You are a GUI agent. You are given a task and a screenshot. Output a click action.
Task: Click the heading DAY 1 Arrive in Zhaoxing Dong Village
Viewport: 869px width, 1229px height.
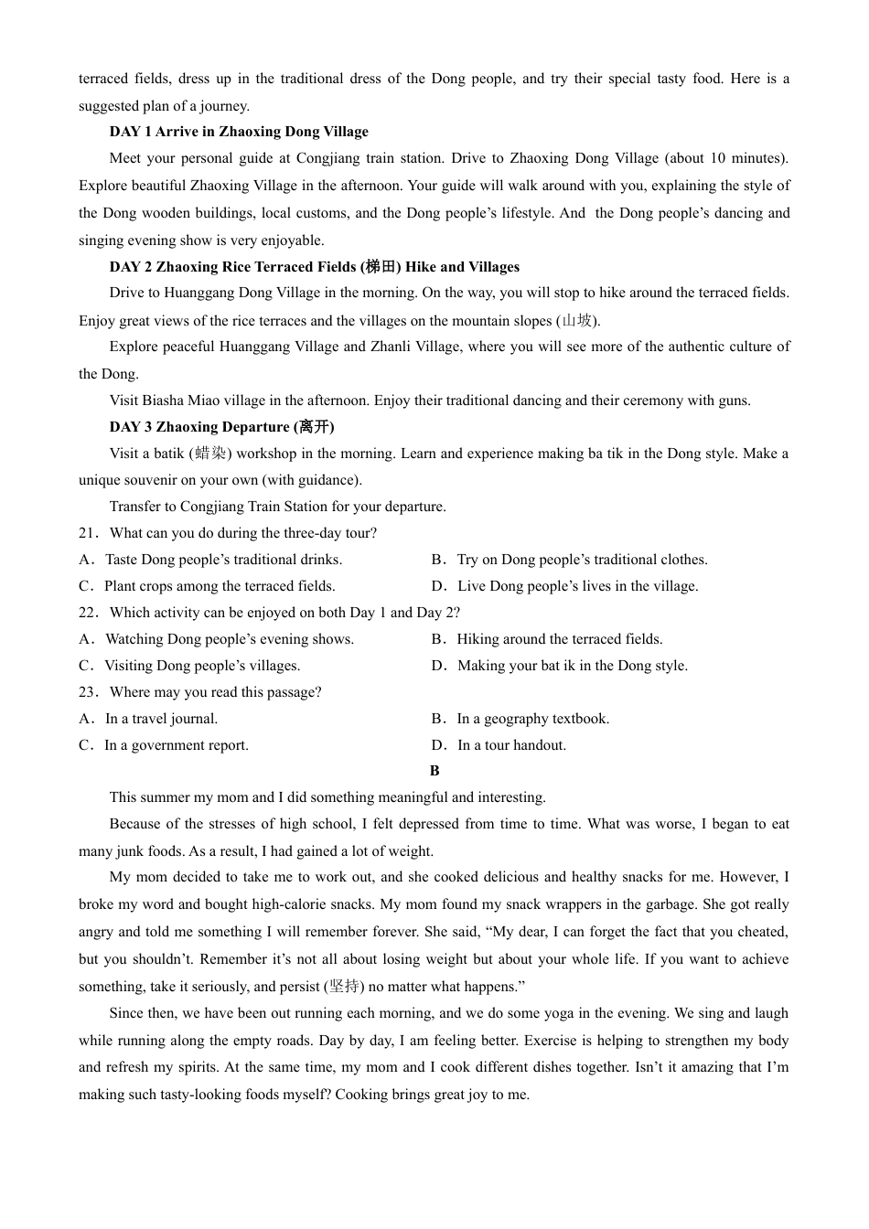pos(239,132)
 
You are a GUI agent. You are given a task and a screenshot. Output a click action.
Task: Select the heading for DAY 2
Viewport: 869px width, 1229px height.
pos(314,267)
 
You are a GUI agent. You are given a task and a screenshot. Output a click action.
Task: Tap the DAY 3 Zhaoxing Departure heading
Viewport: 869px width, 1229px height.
pos(221,427)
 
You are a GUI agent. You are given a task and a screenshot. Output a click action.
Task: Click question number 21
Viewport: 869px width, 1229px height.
pos(88,533)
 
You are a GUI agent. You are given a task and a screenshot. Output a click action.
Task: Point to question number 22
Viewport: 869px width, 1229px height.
pos(88,613)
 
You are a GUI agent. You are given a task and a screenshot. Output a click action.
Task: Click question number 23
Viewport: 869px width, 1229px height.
pos(88,692)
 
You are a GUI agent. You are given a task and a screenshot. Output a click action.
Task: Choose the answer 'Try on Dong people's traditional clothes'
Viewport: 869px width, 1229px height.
pos(582,560)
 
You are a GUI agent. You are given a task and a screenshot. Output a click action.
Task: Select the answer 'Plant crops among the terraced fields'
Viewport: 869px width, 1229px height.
pos(220,586)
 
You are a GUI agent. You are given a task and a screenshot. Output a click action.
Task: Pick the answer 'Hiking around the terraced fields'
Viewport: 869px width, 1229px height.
pos(560,639)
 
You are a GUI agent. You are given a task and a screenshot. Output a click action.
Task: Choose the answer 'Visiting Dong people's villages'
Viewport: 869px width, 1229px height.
pos(202,666)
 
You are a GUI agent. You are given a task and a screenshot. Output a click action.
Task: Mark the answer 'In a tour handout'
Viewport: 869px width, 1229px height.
pos(511,745)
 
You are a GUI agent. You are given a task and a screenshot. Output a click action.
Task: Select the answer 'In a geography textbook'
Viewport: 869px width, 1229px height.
pos(533,719)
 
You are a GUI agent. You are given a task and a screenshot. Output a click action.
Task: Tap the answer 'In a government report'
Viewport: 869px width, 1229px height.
pos(177,745)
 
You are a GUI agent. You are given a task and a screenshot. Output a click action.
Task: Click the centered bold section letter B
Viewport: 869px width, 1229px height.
pos(434,771)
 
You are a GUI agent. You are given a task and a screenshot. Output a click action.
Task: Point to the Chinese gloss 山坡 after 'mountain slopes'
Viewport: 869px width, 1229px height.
pos(577,320)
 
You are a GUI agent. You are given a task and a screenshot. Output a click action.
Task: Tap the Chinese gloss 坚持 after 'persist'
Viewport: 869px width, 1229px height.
pos(344,987)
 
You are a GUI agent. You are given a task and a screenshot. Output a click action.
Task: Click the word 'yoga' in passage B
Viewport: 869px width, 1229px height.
pos(557,1013)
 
